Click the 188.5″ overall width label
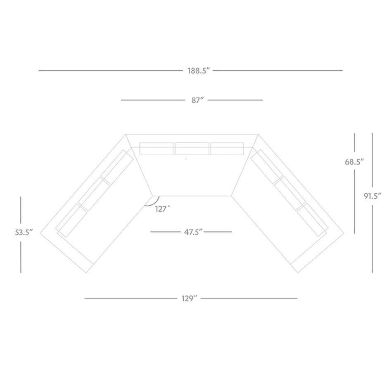coord(199,71)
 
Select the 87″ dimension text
coord(197,100)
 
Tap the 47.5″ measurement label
coord(193,232)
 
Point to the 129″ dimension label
coord(189,298)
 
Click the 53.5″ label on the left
coord(24,232)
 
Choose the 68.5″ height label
coord(354,162)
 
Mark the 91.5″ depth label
coord(372,196)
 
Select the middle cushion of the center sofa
coord(192,149)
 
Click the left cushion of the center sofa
coord(157,149)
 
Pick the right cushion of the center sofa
coord(227,149)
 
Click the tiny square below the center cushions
coord(186,159)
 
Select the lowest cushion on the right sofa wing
coord(312,220)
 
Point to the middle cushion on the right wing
coord(290,193)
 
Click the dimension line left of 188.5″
coord(111,71)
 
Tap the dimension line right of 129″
coord(249,298)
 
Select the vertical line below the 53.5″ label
coord(21,257)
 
